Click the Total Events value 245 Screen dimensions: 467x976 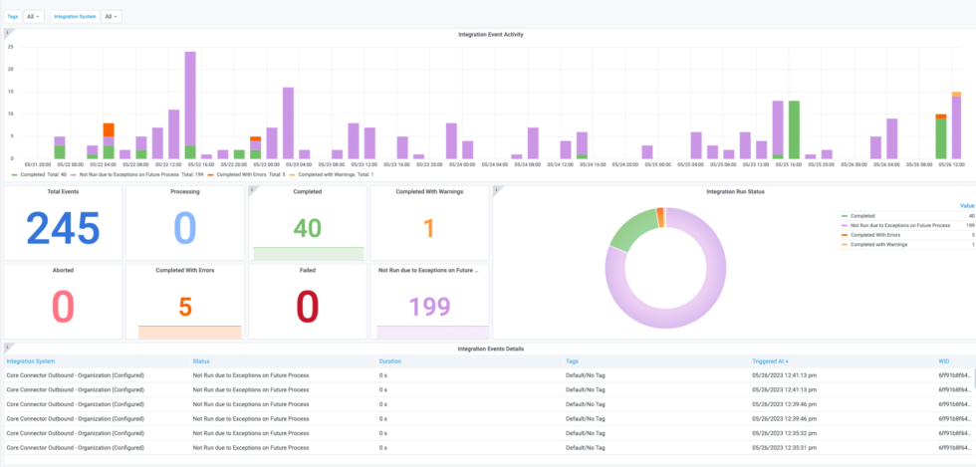pos(63,229)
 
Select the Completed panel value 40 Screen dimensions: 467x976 pos(307,229)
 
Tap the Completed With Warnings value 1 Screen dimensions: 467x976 pos(428,229)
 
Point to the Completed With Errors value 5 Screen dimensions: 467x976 pos(184,307)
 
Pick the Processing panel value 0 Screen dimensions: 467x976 pos(184,229)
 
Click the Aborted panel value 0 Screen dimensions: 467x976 pos(63,307)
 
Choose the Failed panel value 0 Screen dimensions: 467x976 pos(307,307)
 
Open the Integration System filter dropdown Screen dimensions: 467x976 pos(112,16)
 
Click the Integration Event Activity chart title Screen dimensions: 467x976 pos(490,34)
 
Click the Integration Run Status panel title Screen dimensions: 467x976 pos(734,190)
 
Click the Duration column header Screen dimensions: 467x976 pos(390,360)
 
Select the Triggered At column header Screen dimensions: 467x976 pos(771,360)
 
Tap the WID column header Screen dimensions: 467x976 pos(944,360)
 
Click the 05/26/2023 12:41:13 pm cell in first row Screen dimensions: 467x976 pos(786,375)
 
